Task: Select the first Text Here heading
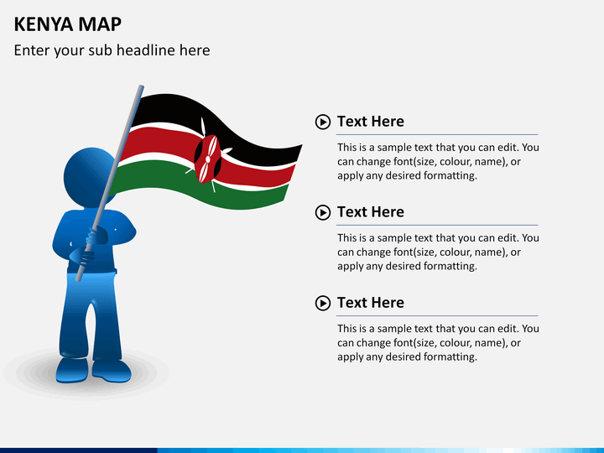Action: tap(370, 122)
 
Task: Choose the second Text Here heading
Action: tap(370, 212)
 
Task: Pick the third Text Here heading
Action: tap(370, 303)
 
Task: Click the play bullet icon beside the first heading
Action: tap(323, 122)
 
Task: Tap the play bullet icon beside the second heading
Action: tap(323, 213)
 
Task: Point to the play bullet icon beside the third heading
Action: tap(323, 304)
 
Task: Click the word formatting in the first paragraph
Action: tap(449, 176)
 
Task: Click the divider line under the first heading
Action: tap(426, 134)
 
